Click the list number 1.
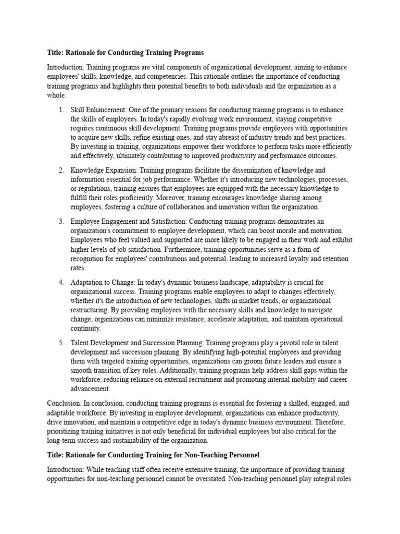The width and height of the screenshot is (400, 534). click(x=60, y=110)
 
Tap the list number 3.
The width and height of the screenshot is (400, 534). click(x=60, y=222)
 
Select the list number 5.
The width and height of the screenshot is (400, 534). click(x=60, y=343)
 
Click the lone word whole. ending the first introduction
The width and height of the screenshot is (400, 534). click(x=57, y=95)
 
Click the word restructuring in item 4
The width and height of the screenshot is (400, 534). click(x=90, y=310)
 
